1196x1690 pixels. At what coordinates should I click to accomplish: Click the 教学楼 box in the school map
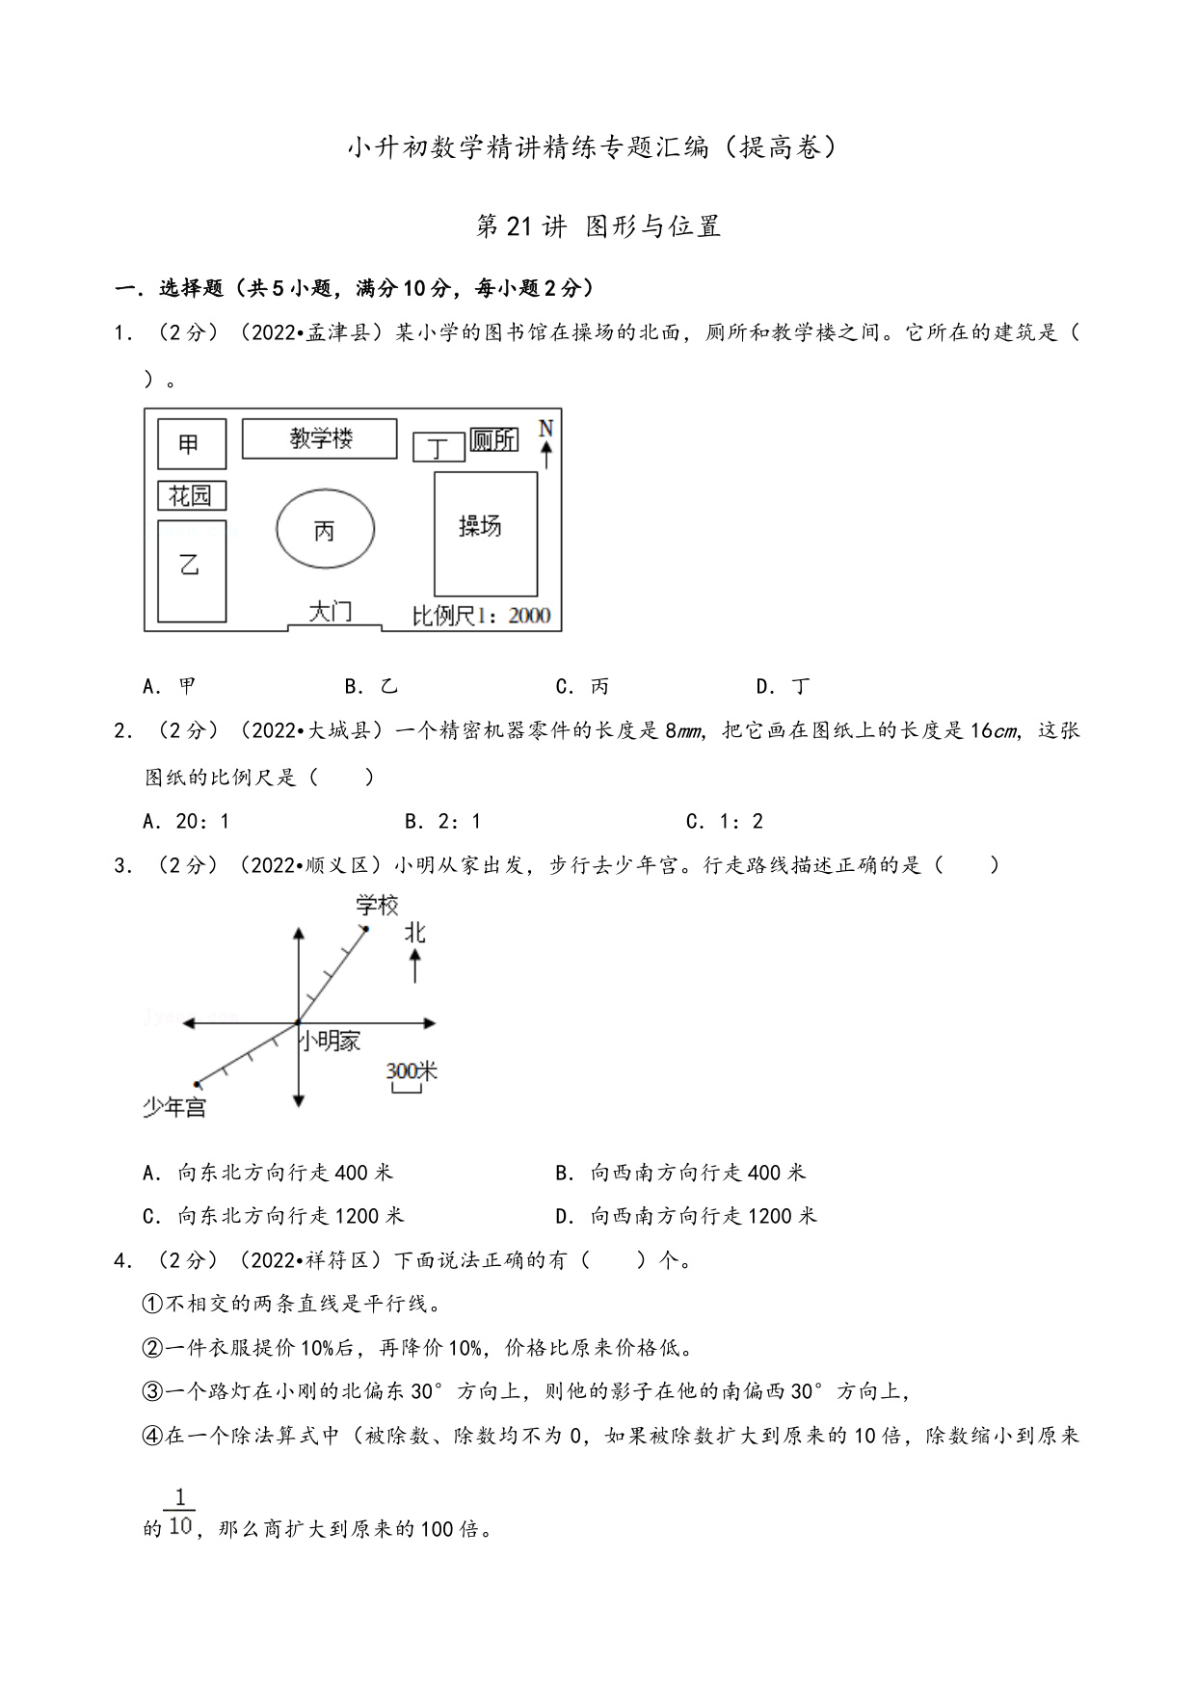[319, 438]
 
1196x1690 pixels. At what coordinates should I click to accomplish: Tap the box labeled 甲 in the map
[192, 444]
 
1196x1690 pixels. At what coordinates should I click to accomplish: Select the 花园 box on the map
[191, 495]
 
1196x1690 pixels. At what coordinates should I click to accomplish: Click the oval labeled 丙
[325, 529]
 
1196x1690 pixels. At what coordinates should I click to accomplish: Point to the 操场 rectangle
[485, 533]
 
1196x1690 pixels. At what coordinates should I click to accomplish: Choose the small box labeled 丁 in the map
[439, 448]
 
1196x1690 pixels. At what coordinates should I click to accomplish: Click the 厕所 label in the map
[493, 440]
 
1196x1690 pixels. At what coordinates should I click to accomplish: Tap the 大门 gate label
[331, 612]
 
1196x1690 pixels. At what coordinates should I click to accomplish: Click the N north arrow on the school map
[546, 441]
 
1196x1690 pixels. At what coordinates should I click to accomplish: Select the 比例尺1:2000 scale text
[481, 615]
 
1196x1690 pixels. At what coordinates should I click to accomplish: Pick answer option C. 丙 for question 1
[583, 686]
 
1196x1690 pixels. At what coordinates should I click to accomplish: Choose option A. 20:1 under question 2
[186, 821]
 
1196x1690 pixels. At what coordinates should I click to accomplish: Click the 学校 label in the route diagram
[377, 906]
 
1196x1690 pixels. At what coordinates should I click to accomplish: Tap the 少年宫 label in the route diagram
[174, 1107]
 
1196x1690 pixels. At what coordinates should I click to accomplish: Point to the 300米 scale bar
[409, 1078]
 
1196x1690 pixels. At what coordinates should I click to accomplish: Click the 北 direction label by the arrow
[414, 933]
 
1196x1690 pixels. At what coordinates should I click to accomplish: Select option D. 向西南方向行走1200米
[686, 1216]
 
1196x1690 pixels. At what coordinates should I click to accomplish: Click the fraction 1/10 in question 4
[180, 1513]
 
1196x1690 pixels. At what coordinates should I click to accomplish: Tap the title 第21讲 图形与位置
[598, 226]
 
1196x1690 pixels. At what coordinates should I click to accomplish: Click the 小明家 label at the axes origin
[330, 1041]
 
